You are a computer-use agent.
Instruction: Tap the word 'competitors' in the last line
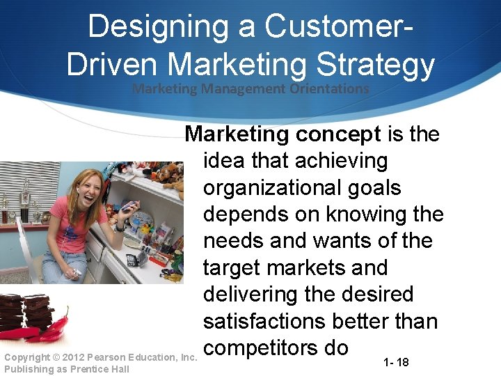pos(267,347)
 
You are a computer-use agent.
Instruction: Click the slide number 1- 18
pos(397,363)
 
